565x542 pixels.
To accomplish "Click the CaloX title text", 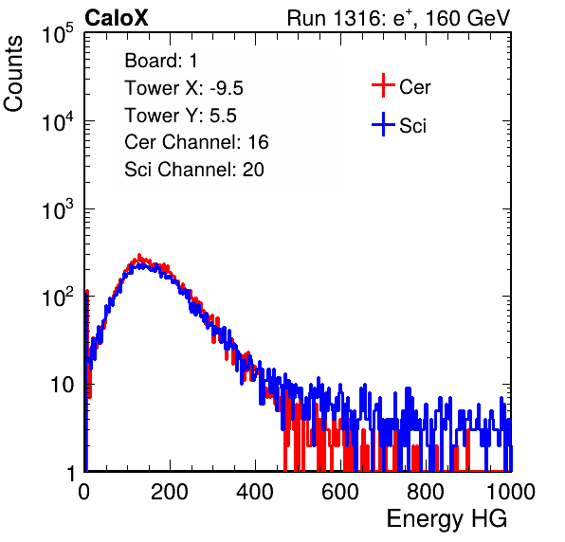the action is (x=117, y=18).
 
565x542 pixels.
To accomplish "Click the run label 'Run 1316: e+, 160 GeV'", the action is (x=398, y=18).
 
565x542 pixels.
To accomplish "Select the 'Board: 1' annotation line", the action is (x=161, y=61).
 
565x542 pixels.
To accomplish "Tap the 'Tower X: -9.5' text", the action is (x=184, y=88).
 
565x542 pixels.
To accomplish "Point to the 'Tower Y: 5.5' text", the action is (x=180, y=116).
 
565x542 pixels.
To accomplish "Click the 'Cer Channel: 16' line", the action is (x=196, y=142).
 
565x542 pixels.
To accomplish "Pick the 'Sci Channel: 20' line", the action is (x=194, y=170).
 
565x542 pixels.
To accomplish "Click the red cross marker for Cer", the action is (x=383, y=85).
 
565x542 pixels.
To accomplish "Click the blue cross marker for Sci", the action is (x=383, y=125).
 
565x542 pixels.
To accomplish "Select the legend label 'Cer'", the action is (x=414, y=87).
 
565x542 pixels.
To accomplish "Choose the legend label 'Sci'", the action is (x=413, y=126).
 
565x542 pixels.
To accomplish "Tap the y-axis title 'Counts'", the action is (x=13, y=73).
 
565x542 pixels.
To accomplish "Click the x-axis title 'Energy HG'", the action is (x=447, y=518).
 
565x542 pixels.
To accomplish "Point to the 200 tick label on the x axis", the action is (x=170, y=492).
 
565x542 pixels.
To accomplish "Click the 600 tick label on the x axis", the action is (x=340, y=492).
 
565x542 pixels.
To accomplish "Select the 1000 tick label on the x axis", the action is (x=511, y=492).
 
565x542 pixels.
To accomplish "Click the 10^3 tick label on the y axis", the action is (x=58, y=209).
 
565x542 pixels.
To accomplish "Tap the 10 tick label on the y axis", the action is (x=62, y=386).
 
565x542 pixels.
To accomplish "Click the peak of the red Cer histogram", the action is (x=139, y=256).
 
